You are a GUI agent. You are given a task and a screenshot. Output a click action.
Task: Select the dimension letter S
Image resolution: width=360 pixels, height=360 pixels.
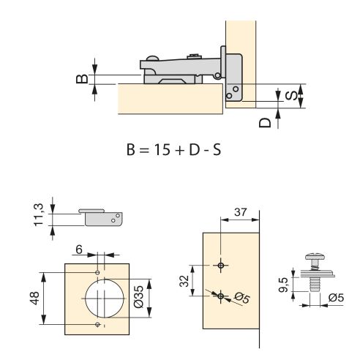(x=290, y=94)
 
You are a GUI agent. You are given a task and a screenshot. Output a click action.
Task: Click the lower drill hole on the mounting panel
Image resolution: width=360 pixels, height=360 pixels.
(x=220, y=295)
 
